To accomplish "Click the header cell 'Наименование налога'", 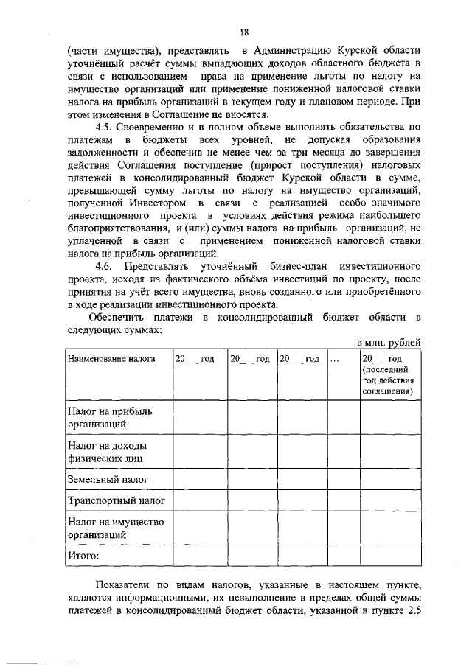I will click(111, 359).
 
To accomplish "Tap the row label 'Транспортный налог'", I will click(116, 501).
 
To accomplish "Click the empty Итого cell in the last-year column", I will click(390, 555).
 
